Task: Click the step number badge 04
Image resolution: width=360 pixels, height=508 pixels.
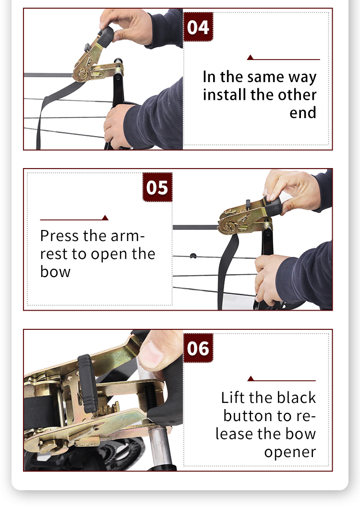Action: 198,27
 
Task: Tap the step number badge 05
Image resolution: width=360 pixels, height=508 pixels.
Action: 157,187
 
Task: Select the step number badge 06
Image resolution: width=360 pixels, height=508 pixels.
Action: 198,348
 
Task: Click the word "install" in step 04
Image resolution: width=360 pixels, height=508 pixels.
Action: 225,95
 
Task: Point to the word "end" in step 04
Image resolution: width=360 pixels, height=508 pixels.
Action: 303,112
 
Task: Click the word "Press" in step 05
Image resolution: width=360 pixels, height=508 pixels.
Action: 60,236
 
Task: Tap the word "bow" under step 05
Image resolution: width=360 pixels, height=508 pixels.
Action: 55,271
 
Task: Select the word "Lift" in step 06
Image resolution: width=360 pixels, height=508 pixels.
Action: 232,397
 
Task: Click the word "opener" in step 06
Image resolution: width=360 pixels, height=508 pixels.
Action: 290,452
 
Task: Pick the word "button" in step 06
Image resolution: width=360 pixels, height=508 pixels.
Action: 249,416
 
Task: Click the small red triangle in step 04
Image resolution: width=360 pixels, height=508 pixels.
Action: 250,57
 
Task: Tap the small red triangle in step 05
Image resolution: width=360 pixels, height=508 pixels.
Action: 105,218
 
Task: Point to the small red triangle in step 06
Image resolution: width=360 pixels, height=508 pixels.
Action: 251,378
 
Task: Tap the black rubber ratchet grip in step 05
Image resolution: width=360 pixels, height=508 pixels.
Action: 273,206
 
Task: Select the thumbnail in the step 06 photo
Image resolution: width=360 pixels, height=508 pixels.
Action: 152,355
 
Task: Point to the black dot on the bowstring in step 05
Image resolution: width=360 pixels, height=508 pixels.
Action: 193,256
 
